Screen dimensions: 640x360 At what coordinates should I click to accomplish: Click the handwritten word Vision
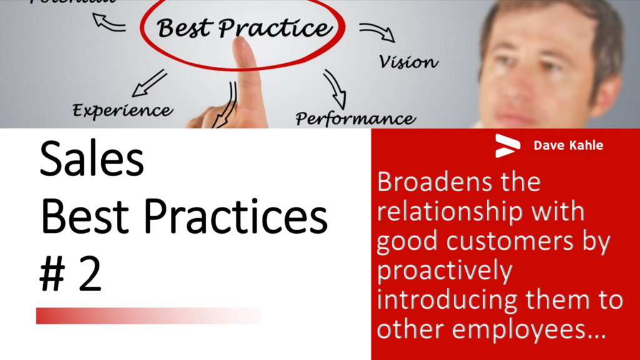409,62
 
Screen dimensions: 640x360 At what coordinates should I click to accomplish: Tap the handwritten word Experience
122,111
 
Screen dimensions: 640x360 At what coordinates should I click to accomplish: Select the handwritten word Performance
356,119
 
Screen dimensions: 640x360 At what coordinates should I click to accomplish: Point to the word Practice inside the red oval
275,29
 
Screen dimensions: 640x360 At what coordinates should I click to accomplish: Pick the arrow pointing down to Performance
336,89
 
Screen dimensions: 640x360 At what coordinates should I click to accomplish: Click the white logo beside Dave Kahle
507,146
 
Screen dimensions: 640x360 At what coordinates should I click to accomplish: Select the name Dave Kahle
568,145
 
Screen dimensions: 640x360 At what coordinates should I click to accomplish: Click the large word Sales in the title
92,159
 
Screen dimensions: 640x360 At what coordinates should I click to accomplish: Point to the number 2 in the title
89,274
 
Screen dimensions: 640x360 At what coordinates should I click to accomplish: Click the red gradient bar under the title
149,316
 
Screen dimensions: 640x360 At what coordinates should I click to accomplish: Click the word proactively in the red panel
444,271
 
